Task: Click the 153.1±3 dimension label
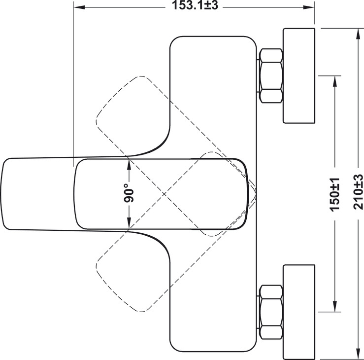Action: click(195, 5)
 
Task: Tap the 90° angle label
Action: click(129, 193)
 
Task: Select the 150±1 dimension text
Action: click(335, 194)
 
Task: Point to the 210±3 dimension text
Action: click(358, 191)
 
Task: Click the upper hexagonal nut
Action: click(271, 75)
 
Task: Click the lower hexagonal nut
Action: click(271, 312)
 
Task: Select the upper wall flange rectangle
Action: click(299, 75)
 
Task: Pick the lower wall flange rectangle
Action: click(299, 312)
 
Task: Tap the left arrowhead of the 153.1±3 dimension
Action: click(79, 7)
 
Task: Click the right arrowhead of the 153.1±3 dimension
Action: click(309, 7)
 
